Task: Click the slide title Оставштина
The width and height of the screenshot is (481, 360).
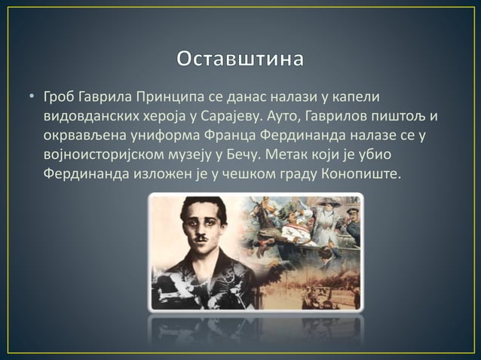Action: pos(240,59)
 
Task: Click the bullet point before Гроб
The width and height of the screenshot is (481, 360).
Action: pos(32,98)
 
